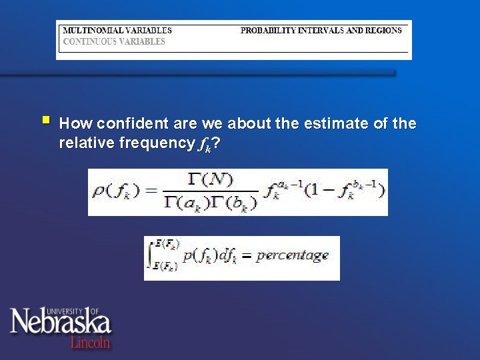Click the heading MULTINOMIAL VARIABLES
pyautogui.click(x=117, y=30)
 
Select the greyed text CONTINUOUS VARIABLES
pyautogui.click(x=113, y=41)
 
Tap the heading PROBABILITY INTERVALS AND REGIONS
pyautogui.click(x=321, y=30)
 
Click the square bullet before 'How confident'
pyautogui.click(x=45, y=121)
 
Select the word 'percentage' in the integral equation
pyautogui.click(x=292, y=256)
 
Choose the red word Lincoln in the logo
pyautogui.click(x=90, y=341)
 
